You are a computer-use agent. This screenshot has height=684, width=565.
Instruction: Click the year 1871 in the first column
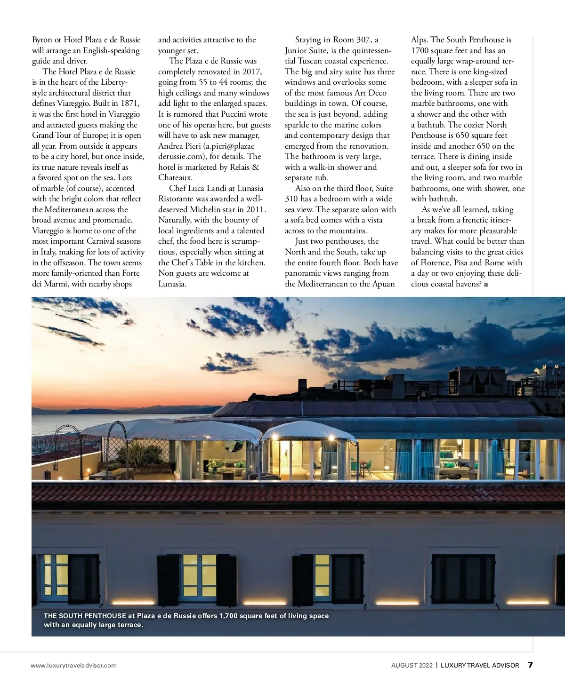coord(130,103)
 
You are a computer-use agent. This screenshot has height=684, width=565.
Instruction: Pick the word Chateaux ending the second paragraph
coord(175,178)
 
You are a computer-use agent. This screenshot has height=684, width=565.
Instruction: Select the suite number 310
coord(293,199)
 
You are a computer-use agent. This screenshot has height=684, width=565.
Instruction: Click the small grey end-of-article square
coord(486,285)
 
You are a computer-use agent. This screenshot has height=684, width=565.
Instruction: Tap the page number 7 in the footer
coord(530,665)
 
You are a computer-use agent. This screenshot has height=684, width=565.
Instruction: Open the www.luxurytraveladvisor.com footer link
coord(73,665)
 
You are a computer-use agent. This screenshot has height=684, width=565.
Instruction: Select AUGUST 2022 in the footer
coord(411,665)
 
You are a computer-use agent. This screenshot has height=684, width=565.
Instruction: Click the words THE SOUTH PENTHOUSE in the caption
coord(85,616)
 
